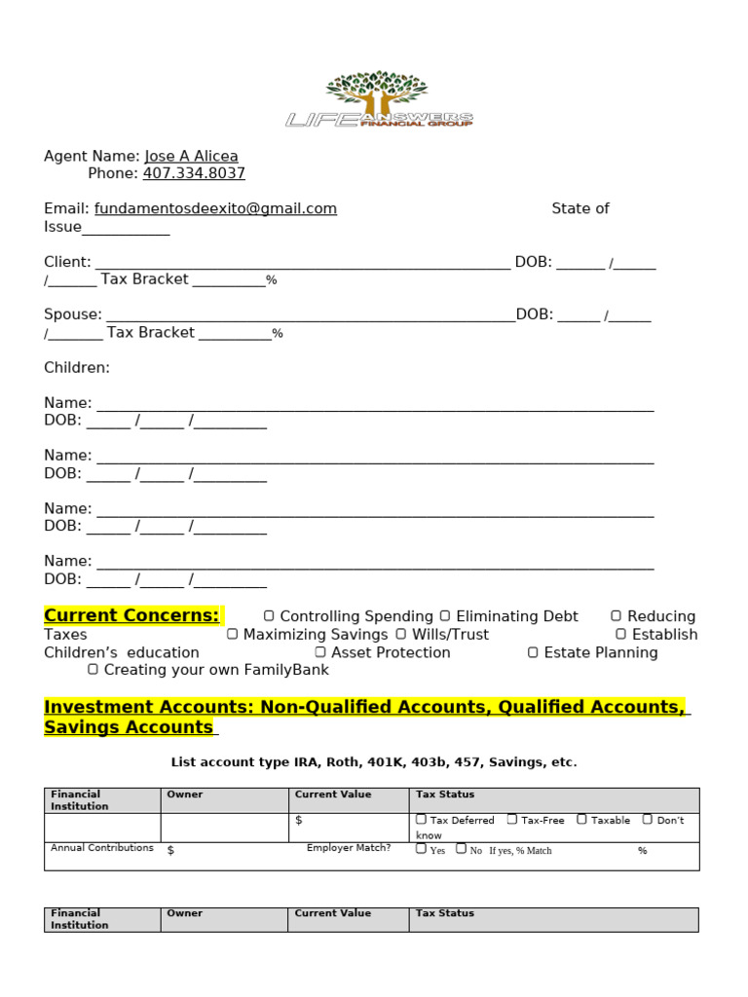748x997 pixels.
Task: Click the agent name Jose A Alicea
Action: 191,157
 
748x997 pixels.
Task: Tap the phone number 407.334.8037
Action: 194,174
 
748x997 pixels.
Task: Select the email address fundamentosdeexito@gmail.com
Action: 215,209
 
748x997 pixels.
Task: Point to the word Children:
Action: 77,368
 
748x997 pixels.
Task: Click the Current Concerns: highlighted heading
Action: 132,616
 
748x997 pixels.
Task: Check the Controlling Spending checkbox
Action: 270,616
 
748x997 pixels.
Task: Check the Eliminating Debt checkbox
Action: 445,616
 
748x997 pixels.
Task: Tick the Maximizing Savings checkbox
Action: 233,635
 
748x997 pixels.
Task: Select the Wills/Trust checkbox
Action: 401,635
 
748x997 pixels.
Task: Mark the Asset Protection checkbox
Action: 320,652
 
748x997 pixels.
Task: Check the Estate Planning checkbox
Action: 533,652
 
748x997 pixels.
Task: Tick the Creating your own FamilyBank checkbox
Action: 93,670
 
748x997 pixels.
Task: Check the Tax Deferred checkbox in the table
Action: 421,820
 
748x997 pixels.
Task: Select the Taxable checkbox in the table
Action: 581,820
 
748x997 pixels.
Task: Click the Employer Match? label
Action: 349,848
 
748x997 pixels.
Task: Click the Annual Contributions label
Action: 102,848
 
